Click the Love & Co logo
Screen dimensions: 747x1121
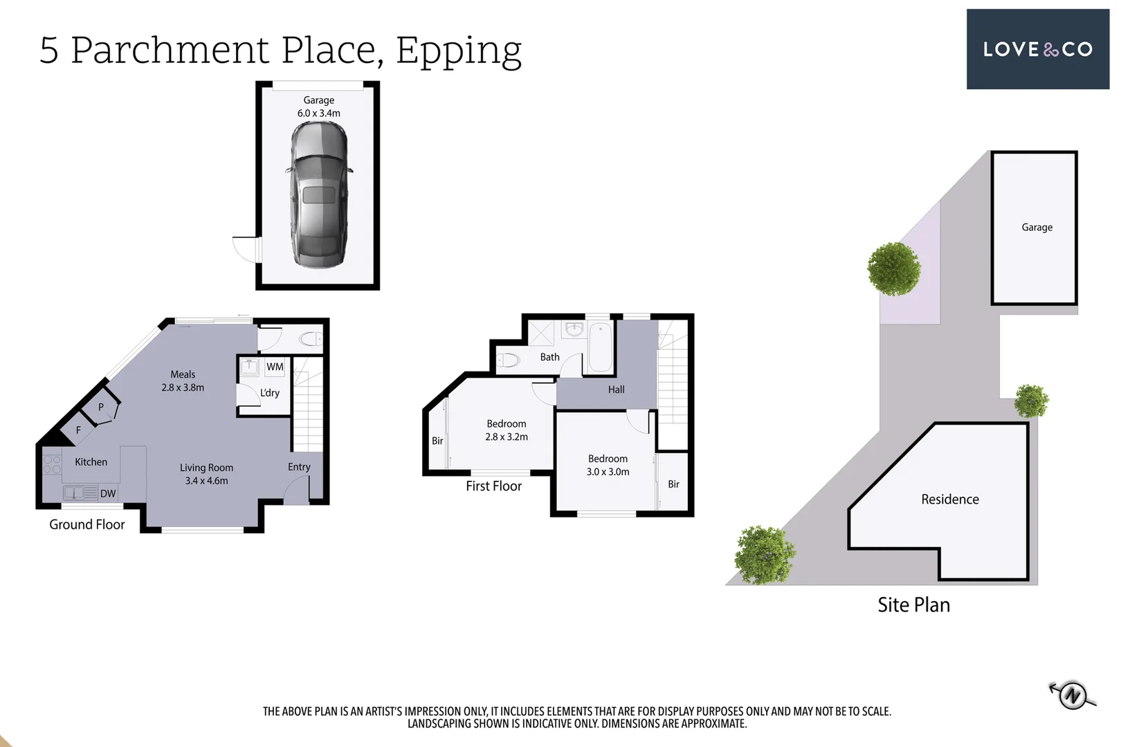[1037, 49]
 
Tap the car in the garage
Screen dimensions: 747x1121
[319, 195]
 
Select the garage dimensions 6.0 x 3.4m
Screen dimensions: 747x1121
[319, 113]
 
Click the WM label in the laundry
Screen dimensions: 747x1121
[275, 367]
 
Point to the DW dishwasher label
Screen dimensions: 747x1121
[108, 494]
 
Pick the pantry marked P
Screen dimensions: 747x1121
[101, 407]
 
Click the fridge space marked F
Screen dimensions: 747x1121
[78, 430]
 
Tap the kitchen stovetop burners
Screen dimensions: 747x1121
[52, 463]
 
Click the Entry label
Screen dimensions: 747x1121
[299, 467]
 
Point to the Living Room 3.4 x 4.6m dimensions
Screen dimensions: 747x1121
[206, 481]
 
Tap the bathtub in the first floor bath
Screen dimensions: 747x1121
[600, 348]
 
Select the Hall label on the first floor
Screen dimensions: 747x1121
[616, 389]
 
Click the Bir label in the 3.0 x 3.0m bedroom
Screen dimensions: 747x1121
[673, 484]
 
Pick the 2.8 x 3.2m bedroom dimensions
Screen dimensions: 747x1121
[507, 437]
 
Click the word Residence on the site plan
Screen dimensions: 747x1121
[949, 499]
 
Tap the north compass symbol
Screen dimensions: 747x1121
[1072, 694]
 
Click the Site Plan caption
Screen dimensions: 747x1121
[913, 605]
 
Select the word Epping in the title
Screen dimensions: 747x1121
[458, 50]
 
